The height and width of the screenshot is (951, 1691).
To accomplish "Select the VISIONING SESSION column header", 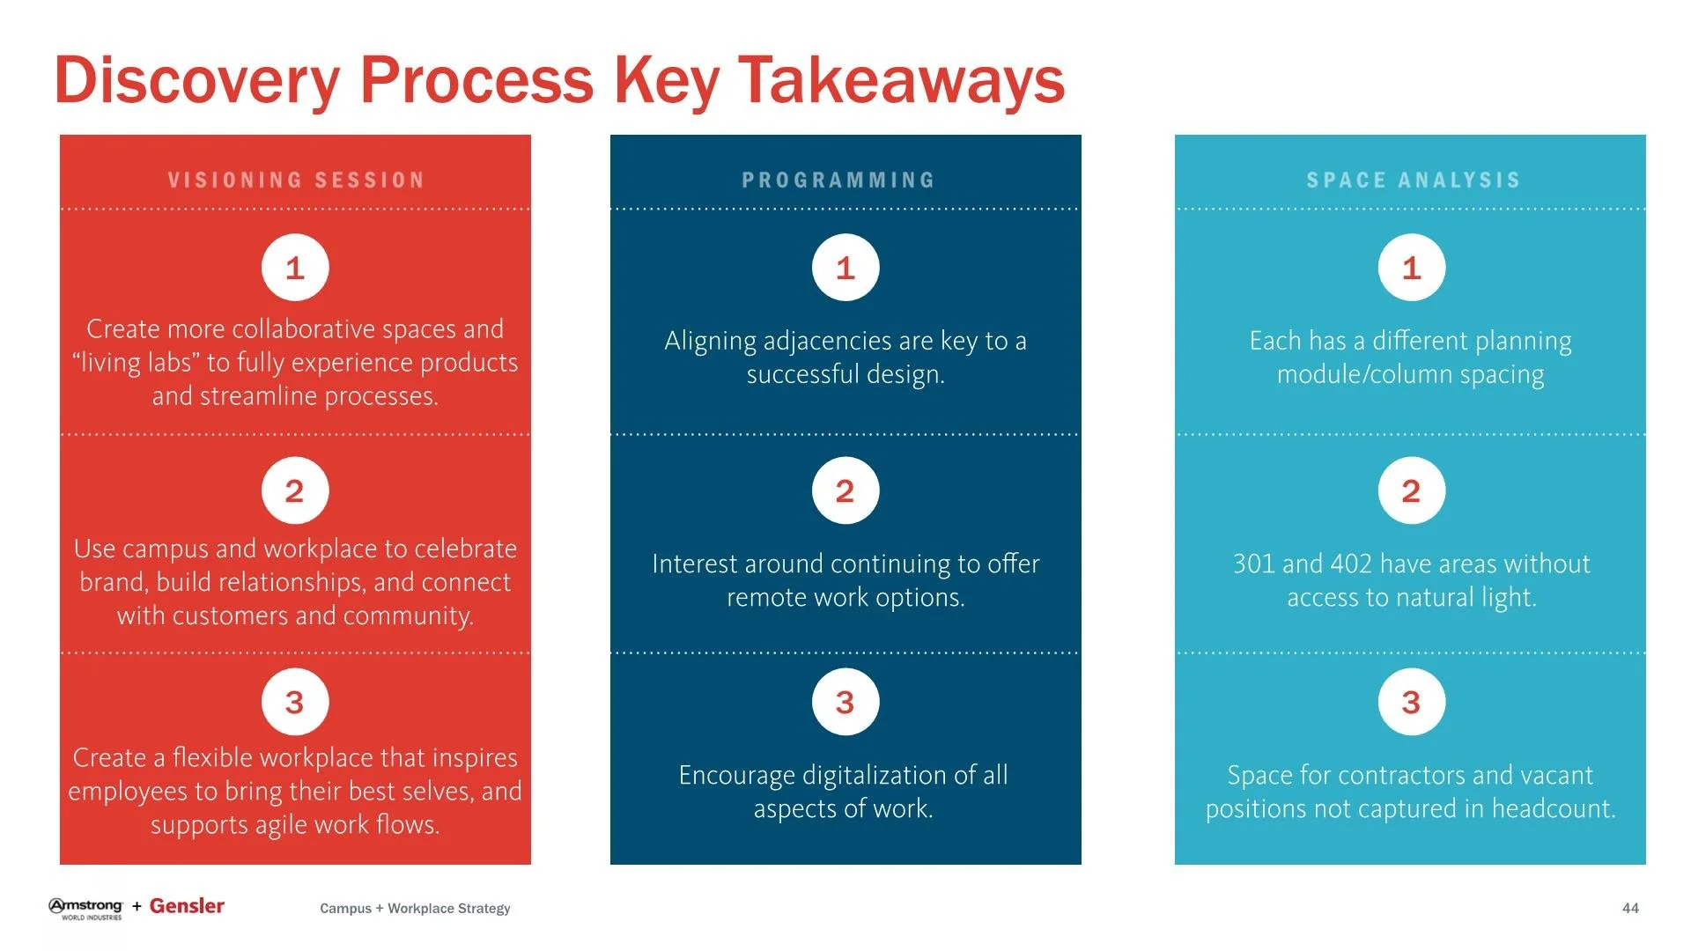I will coord(296,181).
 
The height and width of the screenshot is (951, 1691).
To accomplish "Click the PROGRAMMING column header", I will coord(838,181).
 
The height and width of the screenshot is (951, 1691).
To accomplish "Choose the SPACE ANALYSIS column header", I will coord(1413,181).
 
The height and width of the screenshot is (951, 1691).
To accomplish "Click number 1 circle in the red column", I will coord(295,268).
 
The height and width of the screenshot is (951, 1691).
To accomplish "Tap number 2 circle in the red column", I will coord(295,490).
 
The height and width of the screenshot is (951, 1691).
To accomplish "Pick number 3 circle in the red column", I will coord(295,702).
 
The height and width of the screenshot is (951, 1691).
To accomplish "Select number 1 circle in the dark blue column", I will coord(845,268).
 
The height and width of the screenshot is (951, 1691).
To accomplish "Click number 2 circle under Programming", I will coord(845,490).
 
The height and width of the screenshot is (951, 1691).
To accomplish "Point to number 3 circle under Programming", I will coord(845,702).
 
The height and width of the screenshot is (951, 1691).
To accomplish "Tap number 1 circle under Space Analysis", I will coord(1412,268).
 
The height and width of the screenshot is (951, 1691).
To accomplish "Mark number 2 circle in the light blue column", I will coord(1412,490).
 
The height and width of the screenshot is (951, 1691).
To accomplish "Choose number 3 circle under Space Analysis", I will coord(1412,702).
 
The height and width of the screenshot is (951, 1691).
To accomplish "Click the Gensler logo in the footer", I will coord(187,906).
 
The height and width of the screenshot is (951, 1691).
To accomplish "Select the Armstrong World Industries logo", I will coord(86,908).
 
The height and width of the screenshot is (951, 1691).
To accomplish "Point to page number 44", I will coord(1630,908).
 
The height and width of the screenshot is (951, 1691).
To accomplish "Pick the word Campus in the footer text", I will coord(345,909).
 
